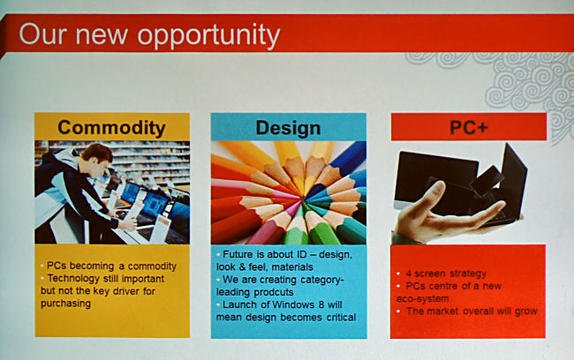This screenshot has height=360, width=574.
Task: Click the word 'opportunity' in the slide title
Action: tap(208, 36)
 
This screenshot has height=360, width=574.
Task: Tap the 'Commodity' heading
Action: tap(111, 128)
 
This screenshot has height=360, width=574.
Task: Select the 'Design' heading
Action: tap(288, 129)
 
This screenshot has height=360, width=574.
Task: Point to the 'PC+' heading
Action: tap(469, 127)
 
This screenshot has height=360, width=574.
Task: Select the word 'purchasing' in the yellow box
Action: tap(66, 304)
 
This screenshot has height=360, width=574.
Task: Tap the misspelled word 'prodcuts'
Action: tap(274, 292)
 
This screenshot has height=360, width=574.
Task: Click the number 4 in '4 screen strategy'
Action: tap(409, 274)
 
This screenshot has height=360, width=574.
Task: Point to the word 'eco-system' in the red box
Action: tap(422, 299)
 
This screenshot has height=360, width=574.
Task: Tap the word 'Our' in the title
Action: tap(42, 34)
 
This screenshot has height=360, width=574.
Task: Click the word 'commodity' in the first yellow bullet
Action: tap(152, 266)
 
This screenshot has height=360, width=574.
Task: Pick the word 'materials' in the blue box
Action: tap(292, 267)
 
